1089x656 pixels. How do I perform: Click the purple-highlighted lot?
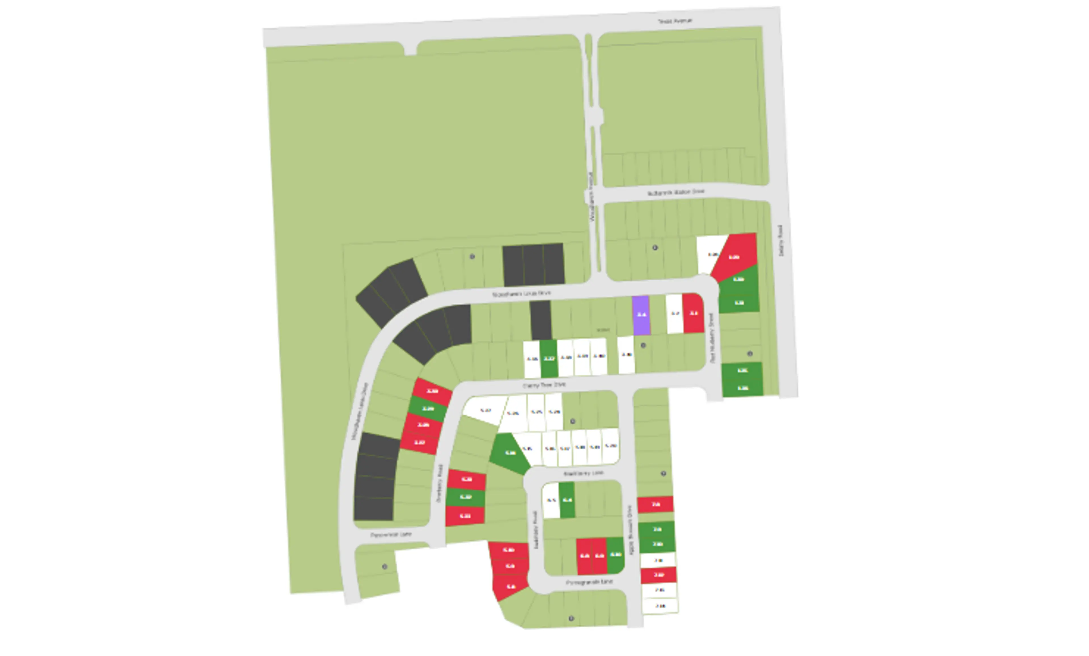tap(641, 315)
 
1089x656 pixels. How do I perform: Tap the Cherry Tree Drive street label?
tap(544, 385)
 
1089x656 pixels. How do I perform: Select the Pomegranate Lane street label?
tap(589, 582)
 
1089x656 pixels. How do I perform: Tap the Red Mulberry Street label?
tap(712, 338)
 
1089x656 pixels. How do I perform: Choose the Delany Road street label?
tap(780, 241)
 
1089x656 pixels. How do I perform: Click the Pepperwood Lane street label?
tap(391, 535)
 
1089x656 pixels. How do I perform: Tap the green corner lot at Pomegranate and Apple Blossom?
tap(615, 555)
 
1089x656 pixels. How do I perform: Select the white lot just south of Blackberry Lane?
tap(551, 500)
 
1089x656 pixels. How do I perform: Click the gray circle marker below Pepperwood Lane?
tap(385, 567)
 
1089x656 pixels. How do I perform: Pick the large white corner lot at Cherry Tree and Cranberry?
tap(484, 410)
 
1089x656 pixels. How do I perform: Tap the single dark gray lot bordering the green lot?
tap(541, 320)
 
